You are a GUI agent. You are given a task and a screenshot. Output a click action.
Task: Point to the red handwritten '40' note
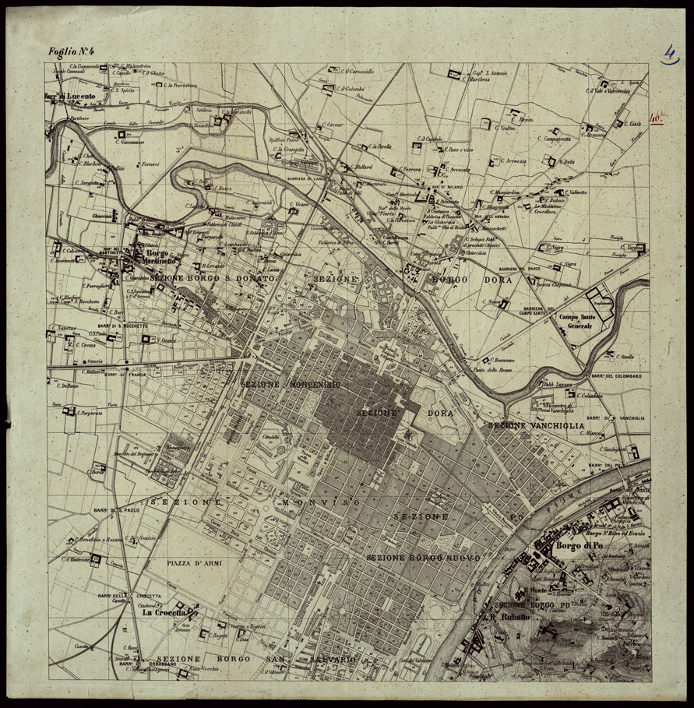(x=657, y=119)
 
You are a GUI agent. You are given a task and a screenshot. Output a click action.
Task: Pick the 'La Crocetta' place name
(x=163, y=612)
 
